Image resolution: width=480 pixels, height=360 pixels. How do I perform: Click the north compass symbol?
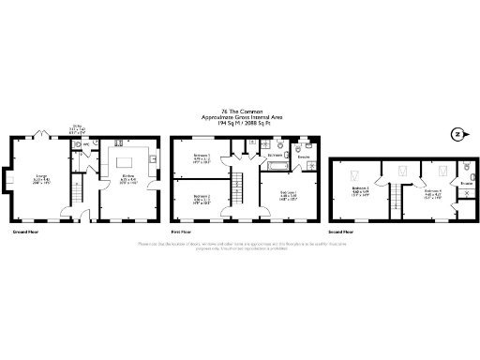point(457,132)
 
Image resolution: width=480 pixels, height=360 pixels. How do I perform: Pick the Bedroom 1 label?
point(290,194)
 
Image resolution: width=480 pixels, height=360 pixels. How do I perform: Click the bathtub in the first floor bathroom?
point(277,165)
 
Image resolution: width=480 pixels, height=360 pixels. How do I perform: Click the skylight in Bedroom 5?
point(357,172)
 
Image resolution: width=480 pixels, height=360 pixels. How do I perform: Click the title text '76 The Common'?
point(240,111)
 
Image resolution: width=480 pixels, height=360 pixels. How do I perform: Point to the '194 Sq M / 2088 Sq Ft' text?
point(240,123)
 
